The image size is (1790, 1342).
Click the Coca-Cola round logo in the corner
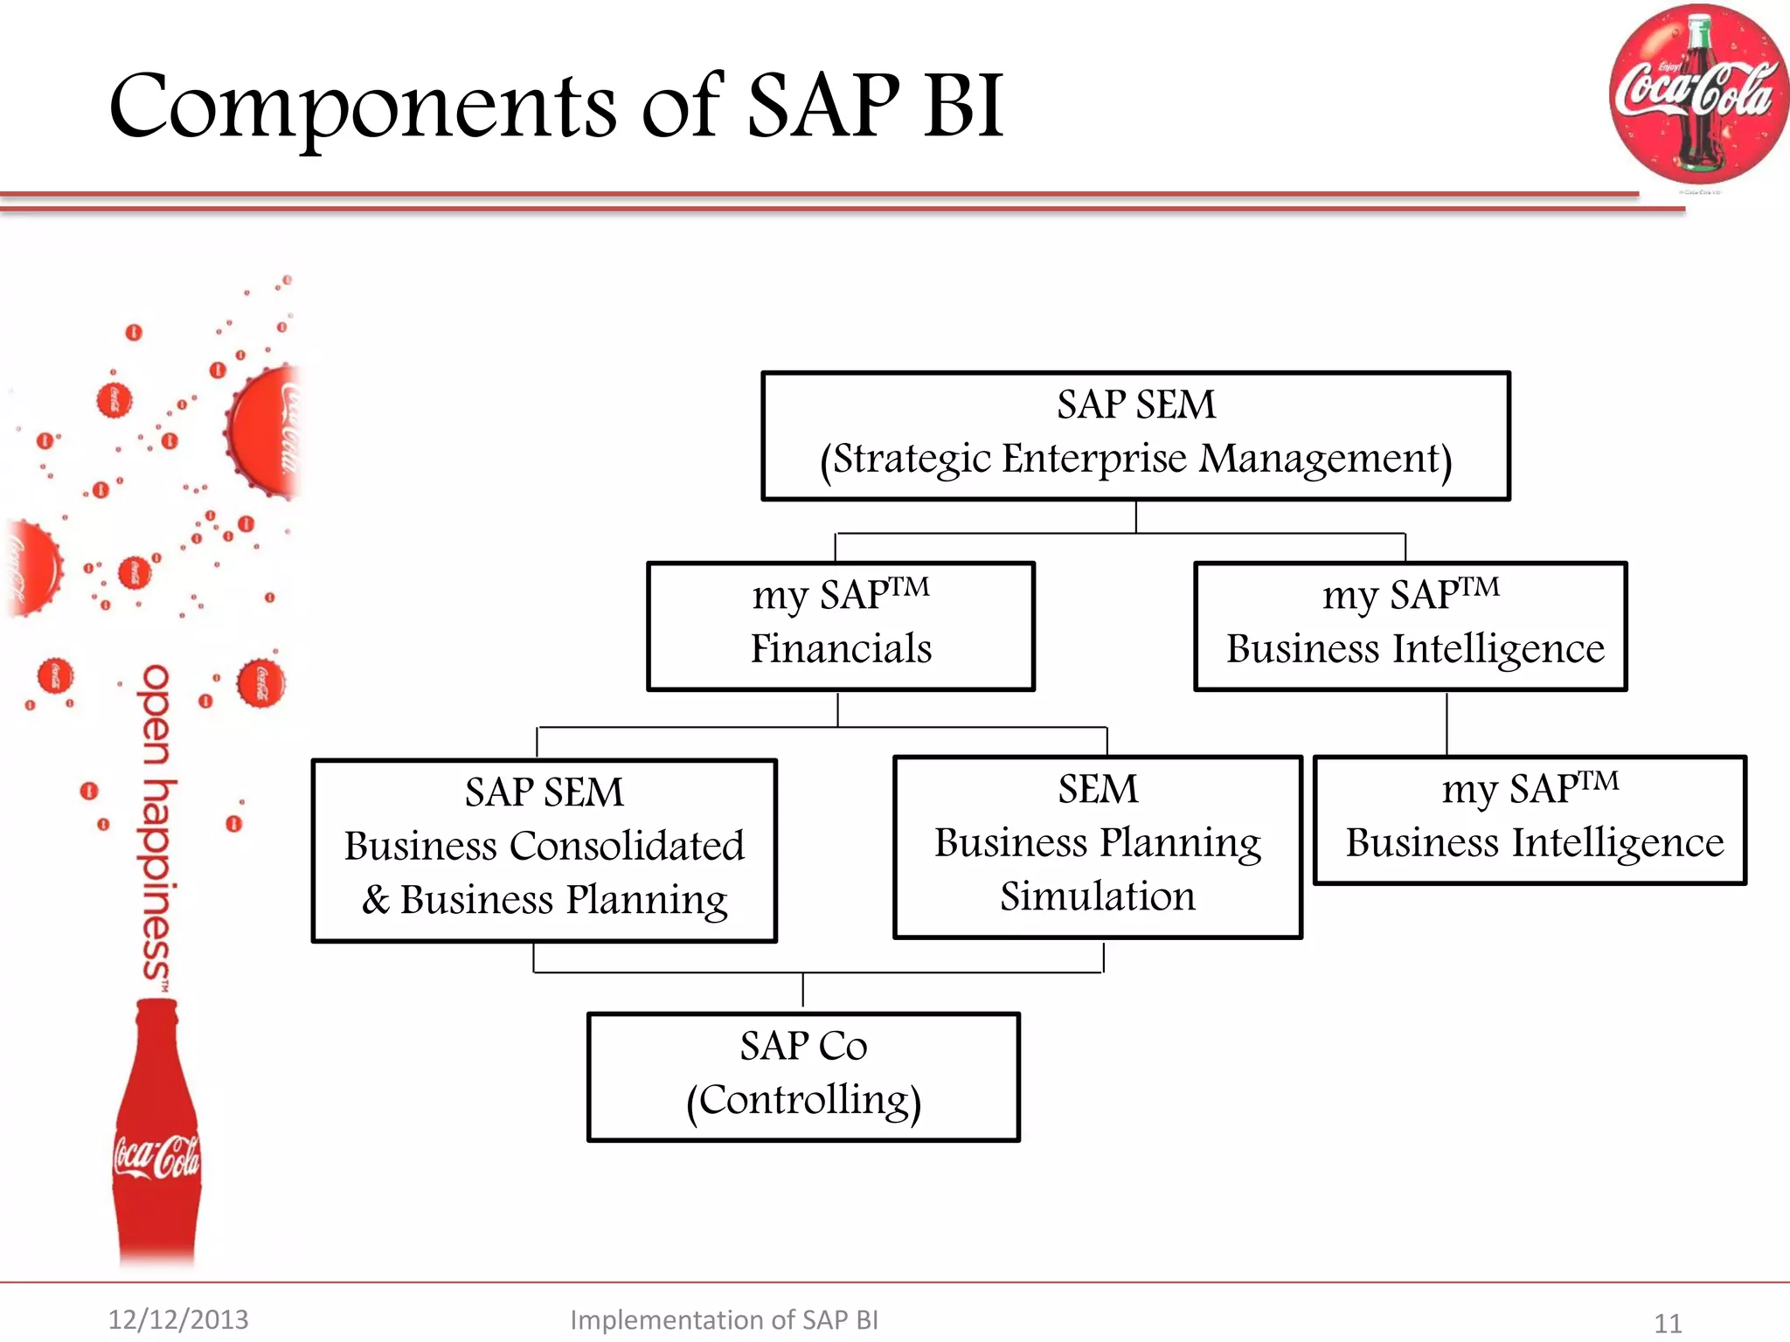[x=1697, y=94]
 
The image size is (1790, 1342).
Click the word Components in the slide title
[x=363, y=107]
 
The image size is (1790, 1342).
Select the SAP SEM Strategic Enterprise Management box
[x=1135, y=435]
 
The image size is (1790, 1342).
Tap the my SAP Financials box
[x=841, y=626]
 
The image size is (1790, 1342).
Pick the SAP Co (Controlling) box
[x=803, y=1076]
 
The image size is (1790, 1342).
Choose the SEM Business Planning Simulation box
[x=1098, y=847]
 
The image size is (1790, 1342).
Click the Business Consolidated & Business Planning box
[x=544, y=850]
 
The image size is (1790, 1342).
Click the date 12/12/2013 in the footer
[x=178, y=1319]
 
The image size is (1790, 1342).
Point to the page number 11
[x=1668, y=1323]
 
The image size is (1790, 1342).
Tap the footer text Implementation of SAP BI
[x=724, y=1319]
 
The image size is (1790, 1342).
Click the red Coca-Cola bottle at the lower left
[x=157, y=1136]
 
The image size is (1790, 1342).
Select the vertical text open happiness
[x=156, y=826]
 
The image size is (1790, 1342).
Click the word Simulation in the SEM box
[x=1098, y=897]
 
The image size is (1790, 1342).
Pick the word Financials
[x=841, y=649]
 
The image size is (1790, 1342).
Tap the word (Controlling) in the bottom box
[x=803, y=1101]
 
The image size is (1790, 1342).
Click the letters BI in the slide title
[x=963, y=107]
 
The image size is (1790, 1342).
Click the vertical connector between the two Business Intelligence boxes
[x=1447, y=723]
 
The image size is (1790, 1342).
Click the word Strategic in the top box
[x=905, y=459]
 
